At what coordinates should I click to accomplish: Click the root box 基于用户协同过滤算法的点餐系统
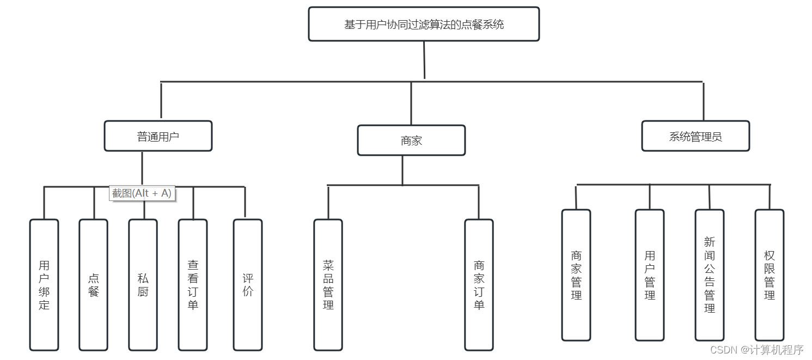[x=424, y=24]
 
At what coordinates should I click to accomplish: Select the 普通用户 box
[x=158, y=136]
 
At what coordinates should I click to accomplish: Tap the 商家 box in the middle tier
[x=411, y=141]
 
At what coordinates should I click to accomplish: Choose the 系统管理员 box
[x=695, y=136]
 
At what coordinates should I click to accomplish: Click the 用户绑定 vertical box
[x=44, y=285]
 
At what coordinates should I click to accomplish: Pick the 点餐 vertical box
[x=93, y=285]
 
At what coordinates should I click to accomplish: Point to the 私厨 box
[x=143, y=285]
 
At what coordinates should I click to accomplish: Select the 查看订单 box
[x=193, y=285]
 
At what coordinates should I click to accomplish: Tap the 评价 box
[x=248, y=285]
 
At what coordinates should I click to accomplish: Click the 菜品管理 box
[x=328, y=285]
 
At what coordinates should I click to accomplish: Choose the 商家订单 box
[x=479, y=285]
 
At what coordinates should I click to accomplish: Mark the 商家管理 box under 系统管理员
[x=576, y=275]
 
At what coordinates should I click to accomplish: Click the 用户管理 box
[x=650, y=275]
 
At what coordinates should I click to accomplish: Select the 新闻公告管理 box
[x=709, y=275]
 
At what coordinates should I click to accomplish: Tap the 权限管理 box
[x=769, y=275]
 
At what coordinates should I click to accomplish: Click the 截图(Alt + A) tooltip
[x=142, y=193]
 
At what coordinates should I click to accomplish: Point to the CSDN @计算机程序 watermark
[x=757, y=350]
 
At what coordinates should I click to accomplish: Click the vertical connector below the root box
[x=424, y=60]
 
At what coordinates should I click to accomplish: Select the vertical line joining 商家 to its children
[x=402, y=170]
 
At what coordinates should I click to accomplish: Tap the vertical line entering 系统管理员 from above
[x=703, y=101]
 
